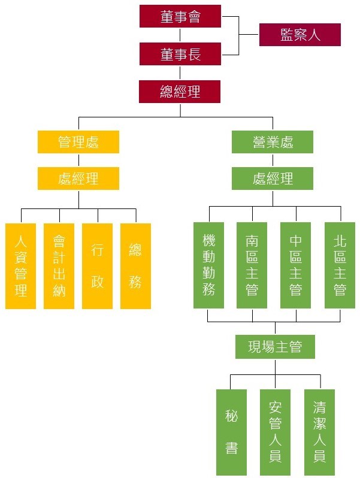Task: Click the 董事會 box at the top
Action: click(x=180, y=16)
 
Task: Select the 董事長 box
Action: click(x=180, y=54)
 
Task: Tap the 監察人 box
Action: click(x=300, y=35)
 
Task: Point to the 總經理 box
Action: click(x=180, y=92)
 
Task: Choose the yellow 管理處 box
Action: click(x=78, y=142)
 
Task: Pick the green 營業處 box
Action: click(x=273, y=142)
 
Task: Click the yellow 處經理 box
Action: click(x=78, y=179)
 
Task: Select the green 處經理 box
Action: click(x=273, y=179)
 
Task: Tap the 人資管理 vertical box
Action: click(x=21, y=266)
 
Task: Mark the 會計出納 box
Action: click(x=59, y=266)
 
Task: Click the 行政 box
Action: click(x=97, y=266)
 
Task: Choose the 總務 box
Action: click(x=135, y=266)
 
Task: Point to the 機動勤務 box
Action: click(x=208, y=265)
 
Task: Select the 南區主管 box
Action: click(x=252, y=265)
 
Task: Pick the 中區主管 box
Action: click(x=296, y=265)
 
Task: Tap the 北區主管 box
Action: click(x=340, y=265)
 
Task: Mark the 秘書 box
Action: click(x=231, y=431)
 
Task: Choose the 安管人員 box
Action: click(x=275, y=431)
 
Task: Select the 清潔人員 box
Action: click(x=319, y=431)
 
